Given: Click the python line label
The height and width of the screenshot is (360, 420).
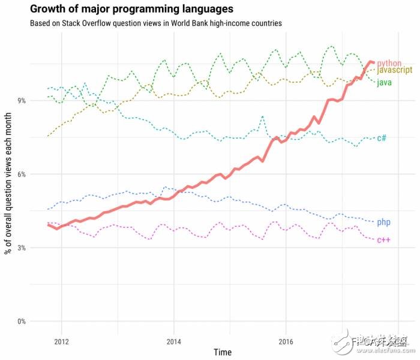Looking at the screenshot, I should coord(389,63).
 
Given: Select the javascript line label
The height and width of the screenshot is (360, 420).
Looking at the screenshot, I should coord(394,70).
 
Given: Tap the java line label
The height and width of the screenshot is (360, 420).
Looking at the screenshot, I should coord(384,82).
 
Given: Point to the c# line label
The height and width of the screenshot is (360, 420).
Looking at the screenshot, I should coord(382,138).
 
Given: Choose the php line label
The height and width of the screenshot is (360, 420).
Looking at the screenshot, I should coord(384,223).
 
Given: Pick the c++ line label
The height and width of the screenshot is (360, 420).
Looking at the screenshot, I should coord(384,240).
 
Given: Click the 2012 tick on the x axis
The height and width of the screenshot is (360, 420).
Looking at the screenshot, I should coord(61,343).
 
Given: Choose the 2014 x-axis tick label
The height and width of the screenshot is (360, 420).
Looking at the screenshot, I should coord(173,343).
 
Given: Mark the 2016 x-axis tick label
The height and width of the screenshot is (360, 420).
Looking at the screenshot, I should coord(286,343).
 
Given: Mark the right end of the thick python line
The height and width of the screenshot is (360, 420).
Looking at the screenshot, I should coord(374,62).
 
